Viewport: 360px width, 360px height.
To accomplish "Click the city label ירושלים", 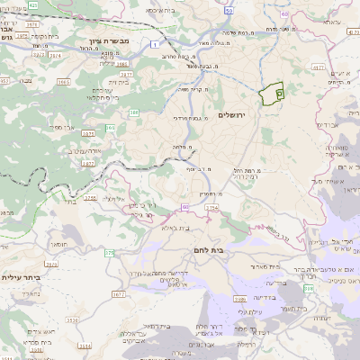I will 231,115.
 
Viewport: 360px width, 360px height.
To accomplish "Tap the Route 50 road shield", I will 229,11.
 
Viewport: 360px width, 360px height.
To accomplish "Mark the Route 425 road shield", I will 33,5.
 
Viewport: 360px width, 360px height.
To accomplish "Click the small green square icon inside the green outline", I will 278,92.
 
